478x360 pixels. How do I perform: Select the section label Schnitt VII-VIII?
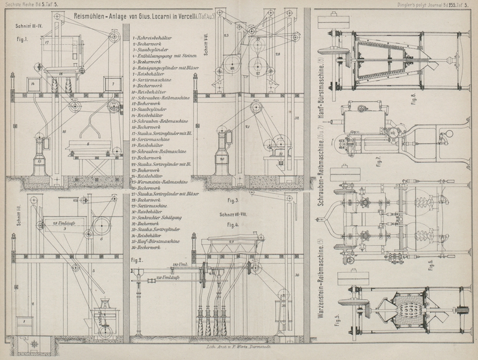tap(238, 213)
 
